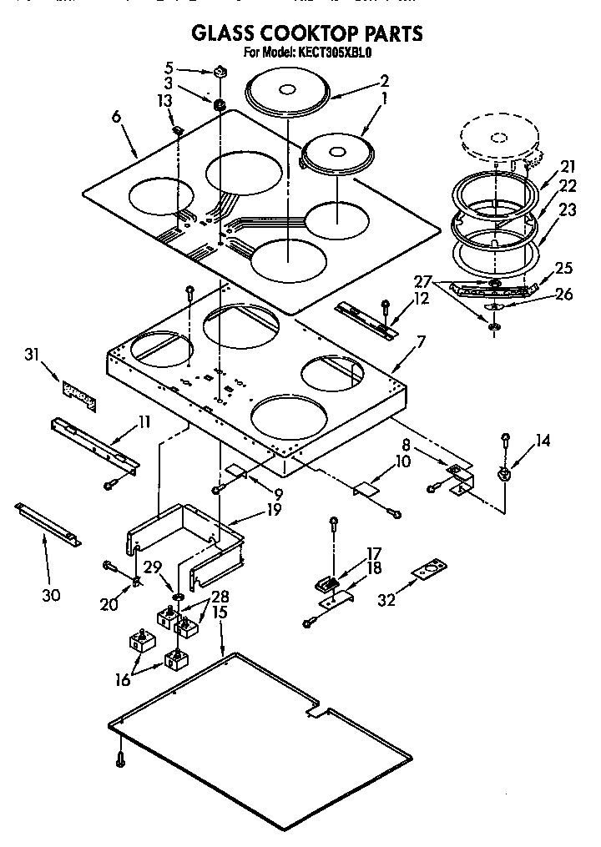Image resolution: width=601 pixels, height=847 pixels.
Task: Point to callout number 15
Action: (220, 613)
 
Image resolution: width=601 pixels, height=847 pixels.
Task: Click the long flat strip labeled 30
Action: (48, 522)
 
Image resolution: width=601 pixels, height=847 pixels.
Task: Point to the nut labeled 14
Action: (505, 475)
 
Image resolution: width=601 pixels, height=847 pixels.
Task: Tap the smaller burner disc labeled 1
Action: (336, 154)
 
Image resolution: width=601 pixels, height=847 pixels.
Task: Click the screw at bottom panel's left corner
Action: (120, 759)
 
